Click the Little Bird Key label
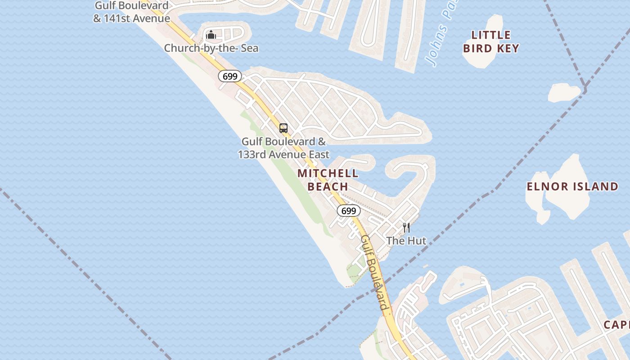coord(491,41)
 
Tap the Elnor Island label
coord(572,186)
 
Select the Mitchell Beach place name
coord(328,180)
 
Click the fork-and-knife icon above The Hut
coord(406,228)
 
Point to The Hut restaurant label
coord(406,241)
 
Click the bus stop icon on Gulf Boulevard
coord(283,128)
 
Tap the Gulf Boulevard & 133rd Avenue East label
coord(283,148)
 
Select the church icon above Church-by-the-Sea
coord(211,35)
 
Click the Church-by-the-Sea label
coord(211,48)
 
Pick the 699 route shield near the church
coord(230,76)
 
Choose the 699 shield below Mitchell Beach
coord(348,211)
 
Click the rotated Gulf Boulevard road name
coord(375,272)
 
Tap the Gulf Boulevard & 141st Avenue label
coord(131,12)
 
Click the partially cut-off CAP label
coord(616,324)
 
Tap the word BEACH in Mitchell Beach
coord(328,186)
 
